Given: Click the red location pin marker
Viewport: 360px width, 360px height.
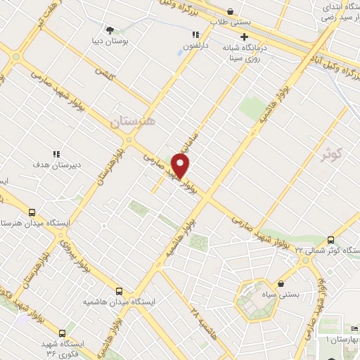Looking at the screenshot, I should tap(181, 166).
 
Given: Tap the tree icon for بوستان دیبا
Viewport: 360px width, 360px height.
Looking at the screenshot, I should tap(110, 30).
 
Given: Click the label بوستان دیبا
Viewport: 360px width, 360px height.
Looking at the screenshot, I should tap(110, 41).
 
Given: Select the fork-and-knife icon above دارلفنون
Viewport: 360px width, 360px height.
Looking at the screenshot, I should tap(195, 34).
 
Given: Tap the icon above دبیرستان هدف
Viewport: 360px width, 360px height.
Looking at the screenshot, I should tap(56, 154).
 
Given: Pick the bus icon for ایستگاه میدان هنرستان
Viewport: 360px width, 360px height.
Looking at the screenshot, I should tap(31, 212).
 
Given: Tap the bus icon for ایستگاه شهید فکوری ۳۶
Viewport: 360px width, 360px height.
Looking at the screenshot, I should tap(63, 333).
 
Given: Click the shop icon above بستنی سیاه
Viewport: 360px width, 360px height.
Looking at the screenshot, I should tap(281, 284).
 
